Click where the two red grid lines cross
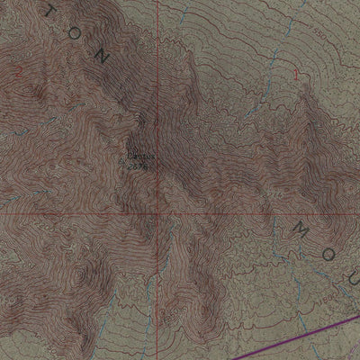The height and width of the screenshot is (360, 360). pos(157,213)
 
